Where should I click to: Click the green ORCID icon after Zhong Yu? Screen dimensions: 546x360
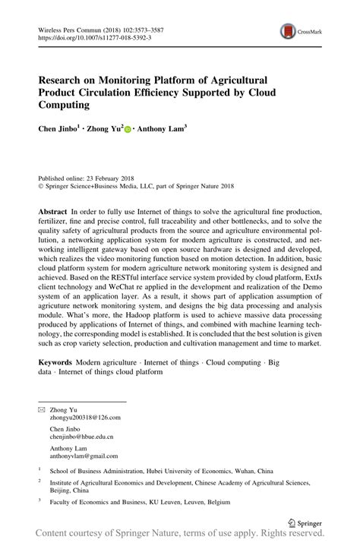pyautogui.click(x=128, y=130)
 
